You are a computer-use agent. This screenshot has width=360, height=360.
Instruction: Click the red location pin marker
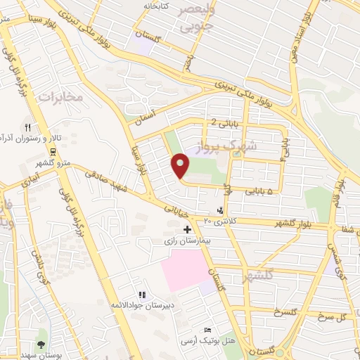pos(181,165)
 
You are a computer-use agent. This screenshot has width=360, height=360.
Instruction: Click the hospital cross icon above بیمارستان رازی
pos(187,229)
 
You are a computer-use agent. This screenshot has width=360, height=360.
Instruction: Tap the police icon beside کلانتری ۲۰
pos(222,210)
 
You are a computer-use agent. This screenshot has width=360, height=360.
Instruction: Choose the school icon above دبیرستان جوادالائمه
pos(142,295)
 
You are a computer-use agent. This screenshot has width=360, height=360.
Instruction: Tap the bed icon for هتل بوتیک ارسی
pos(207,330)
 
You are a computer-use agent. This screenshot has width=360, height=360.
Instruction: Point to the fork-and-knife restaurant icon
pos(28,128)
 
